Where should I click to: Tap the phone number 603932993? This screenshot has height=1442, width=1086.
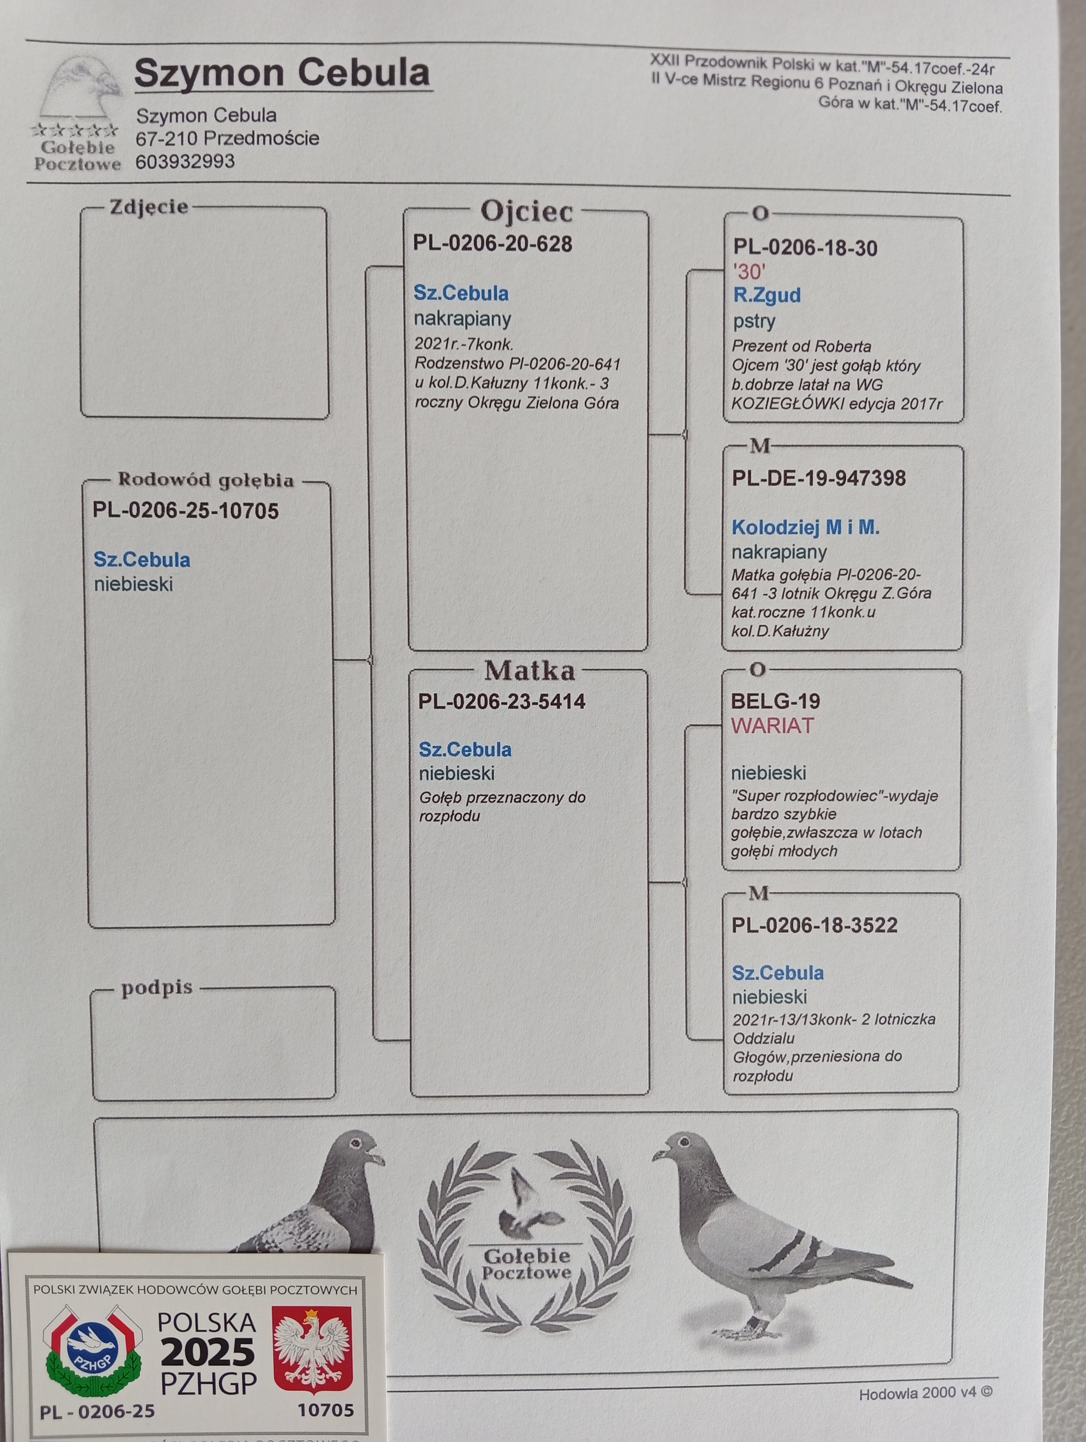tap(185, 161)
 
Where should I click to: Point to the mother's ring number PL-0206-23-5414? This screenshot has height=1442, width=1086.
tap(502, 702)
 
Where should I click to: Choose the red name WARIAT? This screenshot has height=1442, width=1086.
tap(772, 726)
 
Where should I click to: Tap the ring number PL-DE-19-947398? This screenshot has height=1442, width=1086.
tap(819, 478)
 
